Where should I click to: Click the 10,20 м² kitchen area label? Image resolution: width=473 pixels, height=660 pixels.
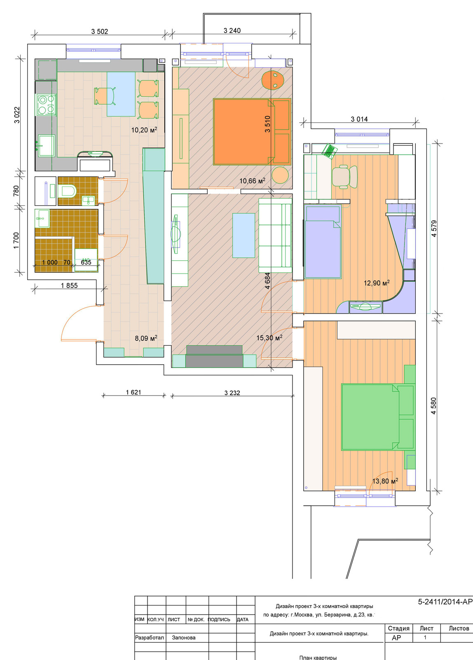point(144,130)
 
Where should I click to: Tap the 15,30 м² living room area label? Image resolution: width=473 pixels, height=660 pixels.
point(269,338)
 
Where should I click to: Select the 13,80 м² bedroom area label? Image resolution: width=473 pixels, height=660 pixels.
point(385,481)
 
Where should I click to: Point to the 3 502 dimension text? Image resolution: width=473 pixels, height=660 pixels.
point(99,31)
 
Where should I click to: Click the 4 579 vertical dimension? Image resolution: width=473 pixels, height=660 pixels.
point(434,229)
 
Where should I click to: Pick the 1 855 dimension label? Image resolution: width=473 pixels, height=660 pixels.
point(69,285)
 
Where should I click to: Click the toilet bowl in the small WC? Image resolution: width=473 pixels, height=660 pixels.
point(67,191)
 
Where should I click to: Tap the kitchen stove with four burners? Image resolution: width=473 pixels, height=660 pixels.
point(46,105)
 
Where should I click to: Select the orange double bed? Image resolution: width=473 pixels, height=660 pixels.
point(252,132)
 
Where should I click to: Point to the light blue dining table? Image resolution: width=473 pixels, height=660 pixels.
point(121,94)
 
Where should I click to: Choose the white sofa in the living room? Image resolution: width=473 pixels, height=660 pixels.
point(275,236)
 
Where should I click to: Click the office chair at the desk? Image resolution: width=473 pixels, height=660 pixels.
point(345,177)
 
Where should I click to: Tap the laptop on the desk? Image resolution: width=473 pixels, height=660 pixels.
point(329,151)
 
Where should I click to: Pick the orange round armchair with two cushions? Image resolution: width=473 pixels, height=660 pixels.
point(273,80)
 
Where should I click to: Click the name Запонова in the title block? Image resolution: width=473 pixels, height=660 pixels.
point(184,638)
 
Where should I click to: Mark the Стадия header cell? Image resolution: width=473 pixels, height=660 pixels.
point(398,629)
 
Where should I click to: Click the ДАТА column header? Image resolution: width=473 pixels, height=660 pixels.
point(243,620)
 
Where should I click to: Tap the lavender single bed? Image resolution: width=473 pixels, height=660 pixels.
point(323,242)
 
